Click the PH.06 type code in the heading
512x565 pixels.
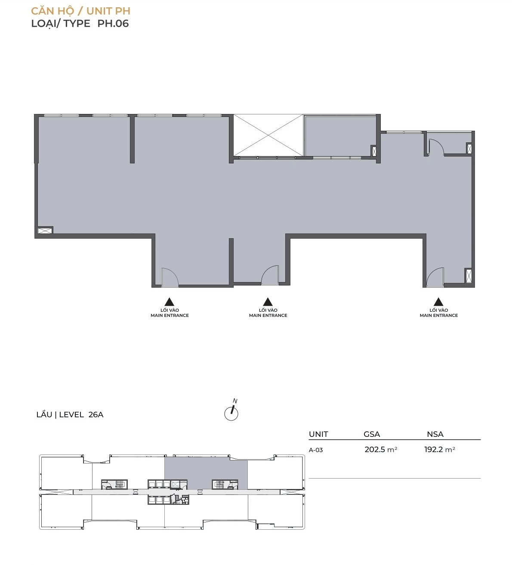(x=113, y=23)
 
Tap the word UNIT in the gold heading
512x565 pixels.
(x=100, y=11)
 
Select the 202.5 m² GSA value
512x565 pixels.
(x=381, y=449)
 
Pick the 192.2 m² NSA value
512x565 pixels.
(x=440, y=449)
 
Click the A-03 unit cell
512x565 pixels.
(x=315, y=450)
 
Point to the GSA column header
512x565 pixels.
(x=372, y=434)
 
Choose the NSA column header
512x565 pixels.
(x=435, y=434)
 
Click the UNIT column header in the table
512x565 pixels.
(x=318, y=434)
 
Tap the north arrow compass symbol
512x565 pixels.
(x=231, y=412)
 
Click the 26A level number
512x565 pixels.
(x=96, y=415)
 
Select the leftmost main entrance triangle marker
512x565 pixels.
(x=170, y=302)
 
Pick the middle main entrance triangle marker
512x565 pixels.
(x=268, y=302)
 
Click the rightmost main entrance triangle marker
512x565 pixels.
(x=438, y=302)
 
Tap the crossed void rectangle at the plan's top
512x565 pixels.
(x=268, y=135)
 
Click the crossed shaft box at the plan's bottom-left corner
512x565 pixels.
(x=45, y=230)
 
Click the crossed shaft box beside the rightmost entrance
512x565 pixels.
(x=468, y=276)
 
